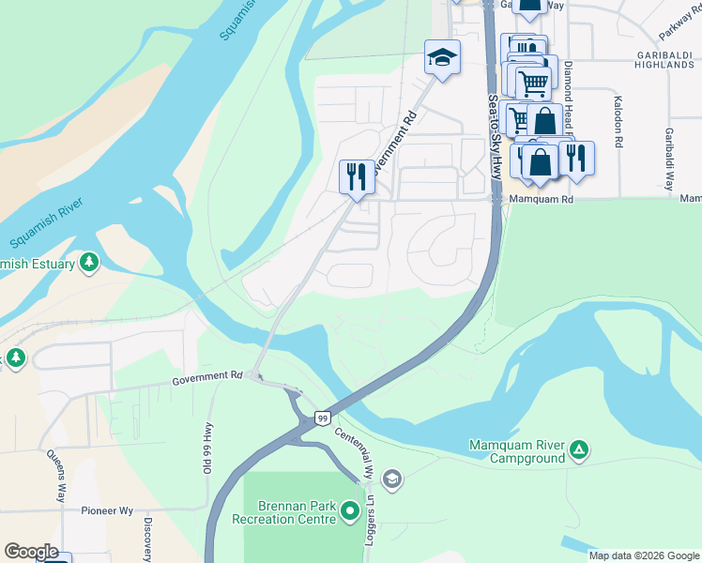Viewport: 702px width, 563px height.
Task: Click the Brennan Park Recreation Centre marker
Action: click(350, 511)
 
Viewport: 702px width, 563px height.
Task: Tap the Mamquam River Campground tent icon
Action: click(580, 451)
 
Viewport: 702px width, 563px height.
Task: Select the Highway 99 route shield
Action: click(322, 418)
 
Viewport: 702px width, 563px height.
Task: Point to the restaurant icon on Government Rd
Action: click(356, 175)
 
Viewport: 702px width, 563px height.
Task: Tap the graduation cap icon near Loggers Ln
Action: click(392, 480)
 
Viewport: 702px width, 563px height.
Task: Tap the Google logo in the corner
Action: click(31, 552)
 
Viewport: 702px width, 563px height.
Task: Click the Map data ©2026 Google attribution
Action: click(644, 555)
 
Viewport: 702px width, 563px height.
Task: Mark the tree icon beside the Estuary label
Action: click(89, 263)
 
